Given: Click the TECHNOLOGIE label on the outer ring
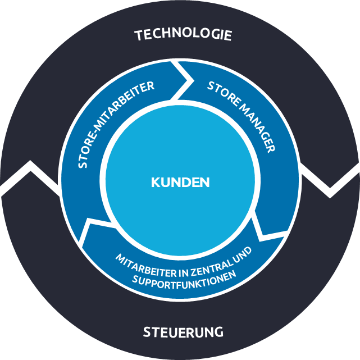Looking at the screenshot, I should [183, 35].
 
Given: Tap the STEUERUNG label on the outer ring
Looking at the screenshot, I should [183, 332].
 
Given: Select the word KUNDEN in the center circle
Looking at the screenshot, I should [180, 183].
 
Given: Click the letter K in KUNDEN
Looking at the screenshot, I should [155, 183].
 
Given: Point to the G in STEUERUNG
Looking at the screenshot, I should [218, 332].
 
